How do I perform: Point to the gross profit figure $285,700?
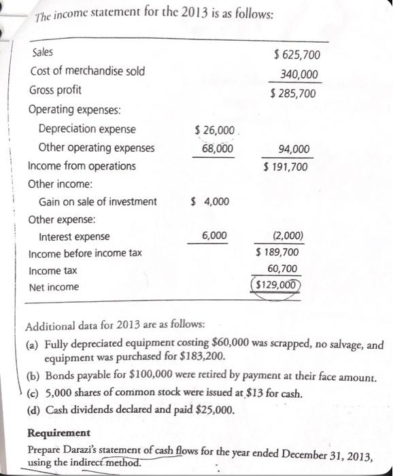coord(293,93)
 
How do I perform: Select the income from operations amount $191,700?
coord(286,167)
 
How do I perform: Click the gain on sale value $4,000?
coord(211,201)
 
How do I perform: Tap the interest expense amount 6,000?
coord(215,235)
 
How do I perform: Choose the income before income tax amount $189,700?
coord(277,253)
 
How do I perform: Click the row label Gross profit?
coord(56,90)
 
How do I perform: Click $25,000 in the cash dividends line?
coord(214,410)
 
